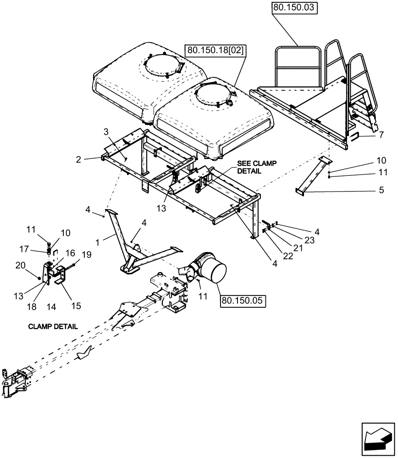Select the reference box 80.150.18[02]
coord(215,50)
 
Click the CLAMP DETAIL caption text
coord(53,327)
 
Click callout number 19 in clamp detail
coord(87,254)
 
